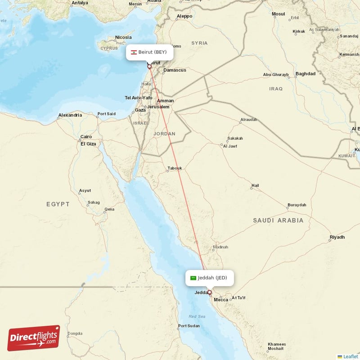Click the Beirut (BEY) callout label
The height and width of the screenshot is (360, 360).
coord(149,52)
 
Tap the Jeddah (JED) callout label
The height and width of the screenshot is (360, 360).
coord(209,278)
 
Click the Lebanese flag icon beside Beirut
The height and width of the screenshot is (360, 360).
coord(134,52)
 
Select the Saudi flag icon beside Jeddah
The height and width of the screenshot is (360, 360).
coord(193,278)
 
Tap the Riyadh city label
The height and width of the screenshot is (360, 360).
coord(337,237)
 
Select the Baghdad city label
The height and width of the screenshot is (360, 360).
coord(306,73)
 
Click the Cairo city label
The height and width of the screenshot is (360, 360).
coord(86,137)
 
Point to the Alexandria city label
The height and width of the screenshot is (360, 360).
coord(70,115)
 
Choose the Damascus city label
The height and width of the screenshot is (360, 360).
coord(175,70)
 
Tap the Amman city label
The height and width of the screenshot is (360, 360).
coord(166,101)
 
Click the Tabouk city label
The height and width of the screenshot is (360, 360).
coord(175,168)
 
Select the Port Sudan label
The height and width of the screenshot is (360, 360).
coord(189,326)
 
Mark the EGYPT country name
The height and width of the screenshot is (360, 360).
coord(58,204)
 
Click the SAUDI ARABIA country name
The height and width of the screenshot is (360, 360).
coord(278,220)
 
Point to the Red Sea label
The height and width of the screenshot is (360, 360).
coord(197,316)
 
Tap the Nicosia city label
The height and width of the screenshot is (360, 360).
coord(123,37)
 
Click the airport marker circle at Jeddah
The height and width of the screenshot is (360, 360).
coord(209,292)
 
